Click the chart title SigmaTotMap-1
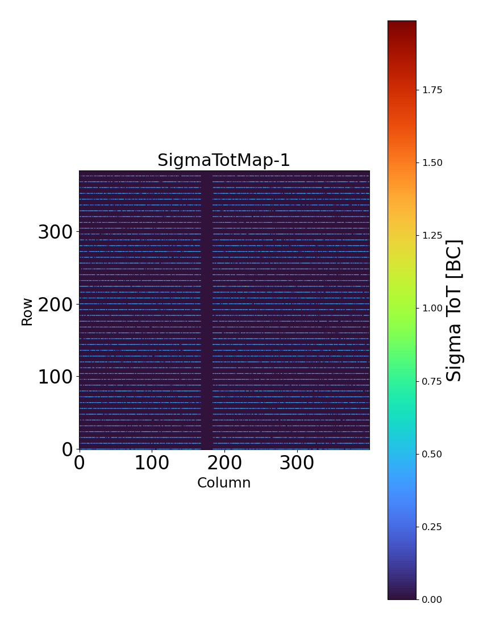[224, 161]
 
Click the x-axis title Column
[224, 483]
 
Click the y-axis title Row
[27, 311]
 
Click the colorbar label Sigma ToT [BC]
[454, 310]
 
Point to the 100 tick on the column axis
[152, 463]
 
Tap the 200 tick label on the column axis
[224, 463]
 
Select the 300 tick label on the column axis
[297, 463]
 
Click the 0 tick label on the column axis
[80, 463]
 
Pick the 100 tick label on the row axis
[55, 377]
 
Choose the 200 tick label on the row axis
[55, 305]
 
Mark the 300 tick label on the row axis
[55, 232]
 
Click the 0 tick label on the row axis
[68, 449]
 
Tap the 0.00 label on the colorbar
[432, 599]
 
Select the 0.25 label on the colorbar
[432, 527]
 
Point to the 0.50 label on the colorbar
[432, 454]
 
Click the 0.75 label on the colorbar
[432, 381]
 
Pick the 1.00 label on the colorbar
[432, 308]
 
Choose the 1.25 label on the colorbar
[432, 235]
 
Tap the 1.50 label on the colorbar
[432, 163]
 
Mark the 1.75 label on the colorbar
[432, 90]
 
